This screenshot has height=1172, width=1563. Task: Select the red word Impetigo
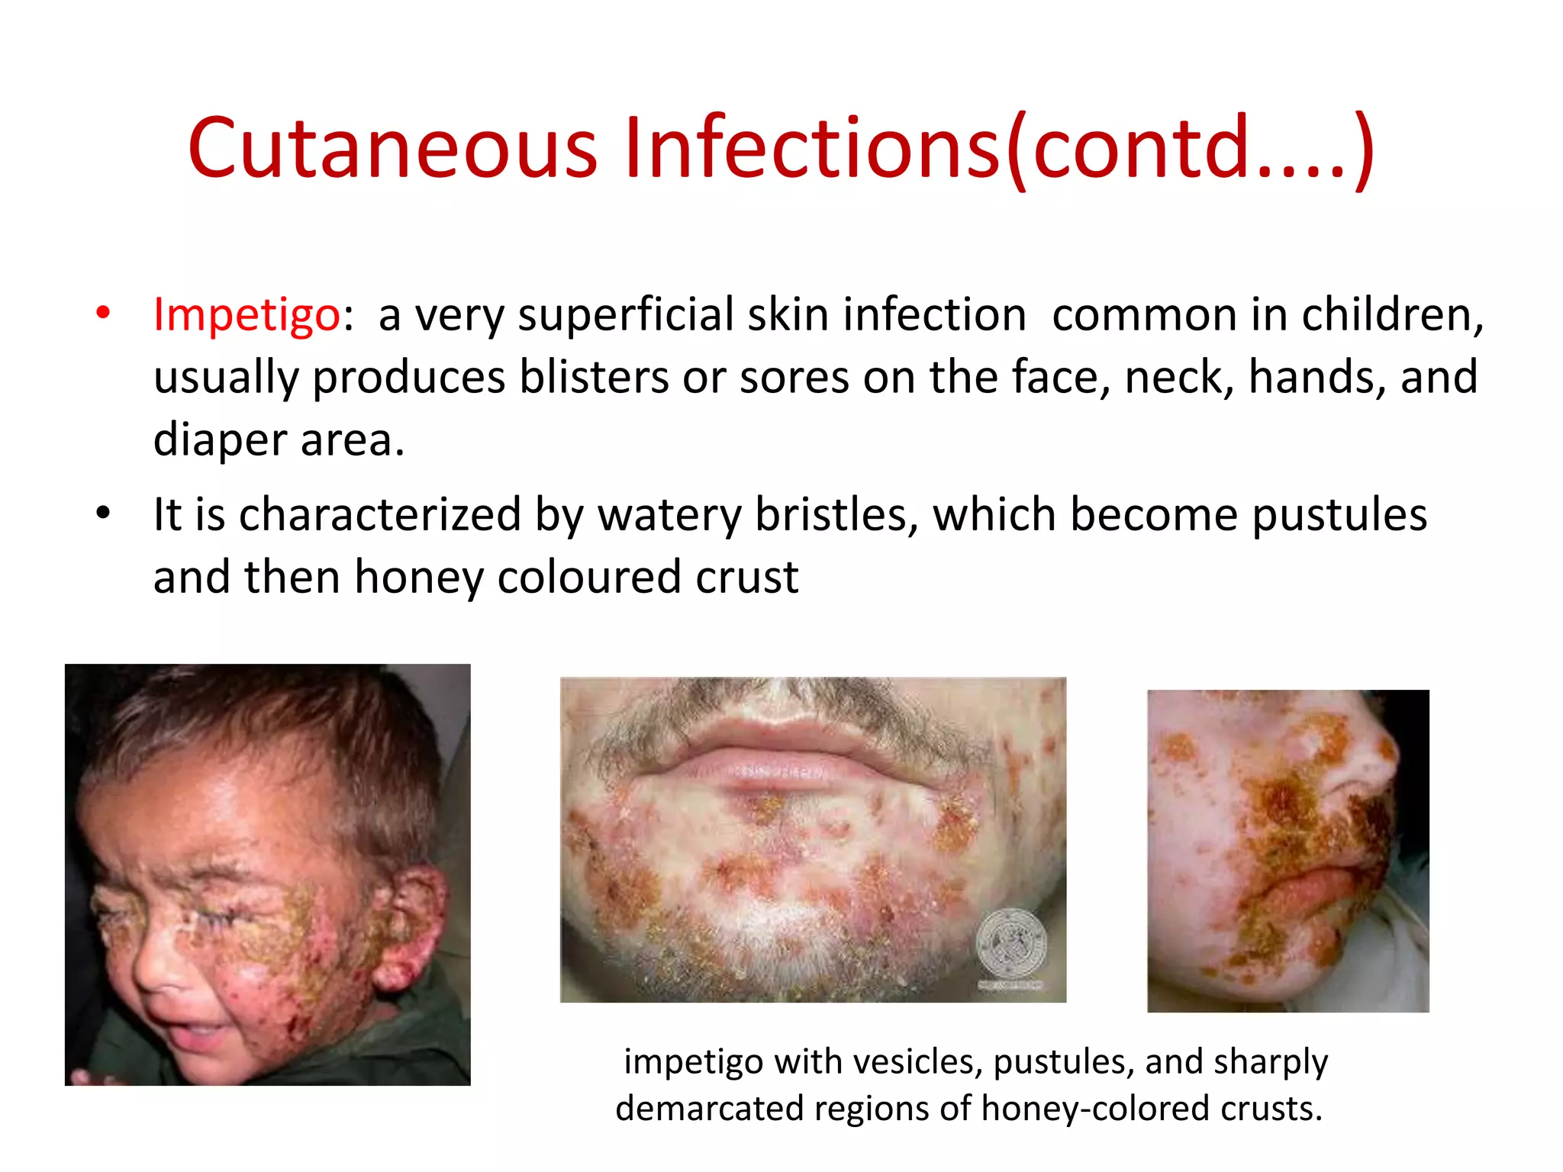coord(247,314)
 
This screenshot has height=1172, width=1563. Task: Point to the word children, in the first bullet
coord(1392,314)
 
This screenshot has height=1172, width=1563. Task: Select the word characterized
coord(379,514)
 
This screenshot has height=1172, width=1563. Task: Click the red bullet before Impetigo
coord(104,313)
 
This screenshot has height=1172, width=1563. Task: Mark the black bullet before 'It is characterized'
coord(104,513)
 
